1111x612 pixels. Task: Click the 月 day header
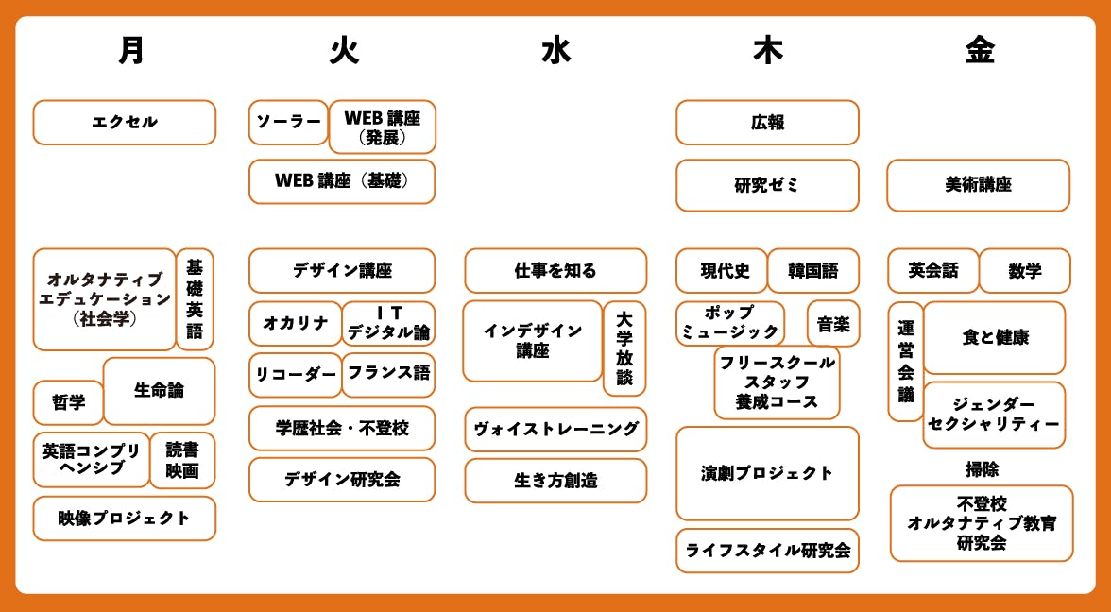click(x=132, y=51)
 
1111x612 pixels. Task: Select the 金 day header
click(x=980, y=51)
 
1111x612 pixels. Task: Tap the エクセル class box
click(x=124, y=123)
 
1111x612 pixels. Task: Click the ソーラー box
click(x=288, y=123)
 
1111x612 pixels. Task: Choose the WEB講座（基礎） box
click(x=342, y=181)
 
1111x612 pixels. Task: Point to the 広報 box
click(x=767, y=123)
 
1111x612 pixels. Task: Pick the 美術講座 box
click(x=979, y=185)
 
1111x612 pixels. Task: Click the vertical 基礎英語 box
click(x=195, y=298)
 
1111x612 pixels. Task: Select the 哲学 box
click(x=69, y=402)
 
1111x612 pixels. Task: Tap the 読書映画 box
click(x=182, y=461)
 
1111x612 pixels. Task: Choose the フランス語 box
click(x=388, y=375)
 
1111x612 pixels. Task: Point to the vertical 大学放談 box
click(x=624, y=348)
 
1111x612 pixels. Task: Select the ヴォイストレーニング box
click(x=555, y=429)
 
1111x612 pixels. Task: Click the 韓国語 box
click(x=812, y=270)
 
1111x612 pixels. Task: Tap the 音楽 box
click(x=833, y=324)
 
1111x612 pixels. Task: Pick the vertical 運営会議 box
click(x=905, y=361)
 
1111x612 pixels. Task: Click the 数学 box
click(x=1024, y=270)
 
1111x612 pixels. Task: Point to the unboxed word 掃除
click(x=983, y=468)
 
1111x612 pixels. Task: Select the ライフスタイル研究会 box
click(x=767, y=551)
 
